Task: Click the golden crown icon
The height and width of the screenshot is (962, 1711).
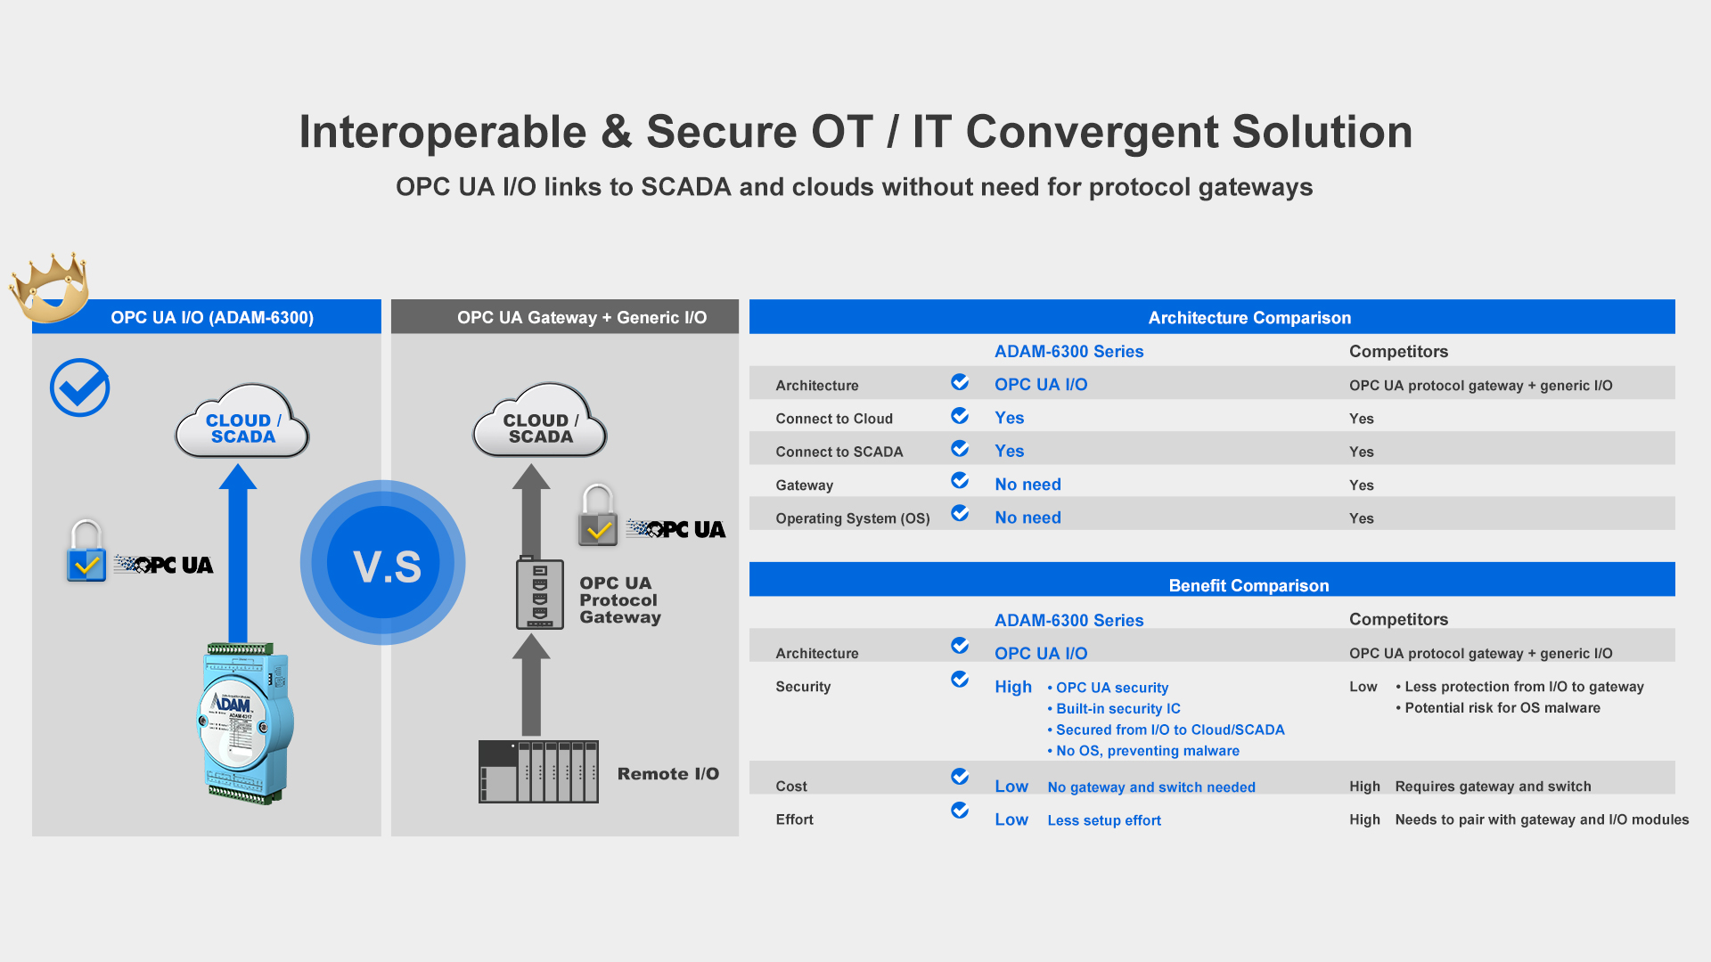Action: click(50, 287)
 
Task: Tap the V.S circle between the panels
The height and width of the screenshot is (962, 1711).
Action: click(383, 562)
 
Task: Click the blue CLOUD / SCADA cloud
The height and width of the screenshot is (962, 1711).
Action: click(242, 421)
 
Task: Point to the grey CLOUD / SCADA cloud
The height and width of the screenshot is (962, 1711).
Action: click(540, 421)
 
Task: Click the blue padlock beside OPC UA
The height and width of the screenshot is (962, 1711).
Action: click(86, 551)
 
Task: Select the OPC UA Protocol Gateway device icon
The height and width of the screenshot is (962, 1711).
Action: click(540, 594)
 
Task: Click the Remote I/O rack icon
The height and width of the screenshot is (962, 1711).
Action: click(538, 771)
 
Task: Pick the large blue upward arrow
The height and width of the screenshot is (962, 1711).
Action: click(238, 553)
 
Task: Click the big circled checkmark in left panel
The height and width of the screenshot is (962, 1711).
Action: click(80, 387)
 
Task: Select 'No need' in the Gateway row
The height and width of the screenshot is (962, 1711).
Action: click(1027, 485)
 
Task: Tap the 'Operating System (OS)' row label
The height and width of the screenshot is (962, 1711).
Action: click(853, 518)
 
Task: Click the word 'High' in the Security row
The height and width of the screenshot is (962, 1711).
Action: click(1013, 687)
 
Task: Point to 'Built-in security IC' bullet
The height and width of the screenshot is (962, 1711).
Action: click(1114, 709)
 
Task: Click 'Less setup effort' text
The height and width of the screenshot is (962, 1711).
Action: click(1104, 820)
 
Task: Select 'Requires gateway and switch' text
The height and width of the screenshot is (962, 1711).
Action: click(1493, 787)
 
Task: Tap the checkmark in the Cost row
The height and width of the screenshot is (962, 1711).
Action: click(960, 777)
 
